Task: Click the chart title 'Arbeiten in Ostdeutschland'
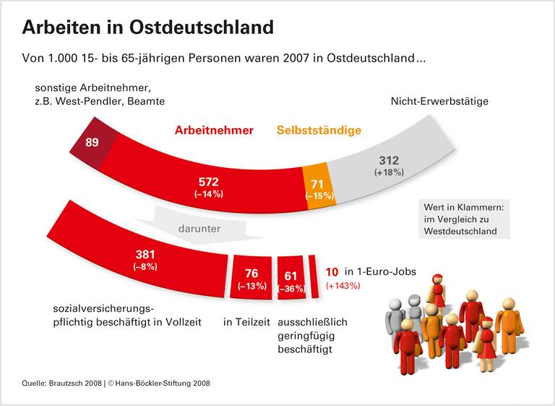coord(147,28)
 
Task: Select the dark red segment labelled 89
coord(92,143)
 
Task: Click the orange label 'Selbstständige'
coord(318,131)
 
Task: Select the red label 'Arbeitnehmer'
coord(214,131)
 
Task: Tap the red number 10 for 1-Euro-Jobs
coord(332,271)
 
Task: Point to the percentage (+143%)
coord(344,286)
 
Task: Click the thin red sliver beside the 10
coord(314,274)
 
